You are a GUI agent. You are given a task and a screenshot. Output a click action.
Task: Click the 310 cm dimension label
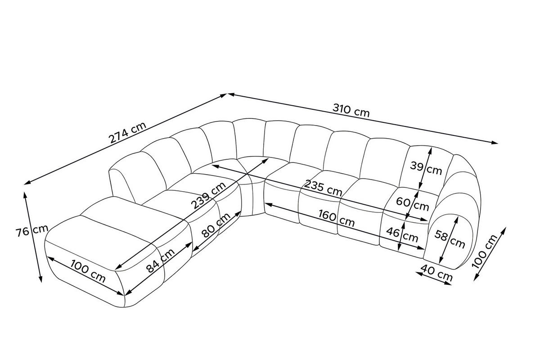[351, 110]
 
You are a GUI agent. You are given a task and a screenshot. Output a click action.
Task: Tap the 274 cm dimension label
[127, 132]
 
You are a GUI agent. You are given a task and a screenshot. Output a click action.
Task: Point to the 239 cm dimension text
[208, 195]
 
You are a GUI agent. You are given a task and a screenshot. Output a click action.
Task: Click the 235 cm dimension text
[323, 188]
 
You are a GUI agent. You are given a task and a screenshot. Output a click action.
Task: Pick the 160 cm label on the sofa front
[337, 218]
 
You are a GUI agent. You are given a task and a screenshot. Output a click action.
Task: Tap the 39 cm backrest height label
[426, 168]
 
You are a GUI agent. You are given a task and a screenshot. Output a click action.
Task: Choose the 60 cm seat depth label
[413, 204]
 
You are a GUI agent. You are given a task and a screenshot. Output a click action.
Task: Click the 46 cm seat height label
[402, 234]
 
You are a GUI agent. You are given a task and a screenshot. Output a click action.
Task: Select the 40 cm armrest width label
[436, 273]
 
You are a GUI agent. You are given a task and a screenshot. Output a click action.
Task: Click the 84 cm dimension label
[161, 261]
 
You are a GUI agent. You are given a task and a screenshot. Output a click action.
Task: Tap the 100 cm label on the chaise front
[88, 271]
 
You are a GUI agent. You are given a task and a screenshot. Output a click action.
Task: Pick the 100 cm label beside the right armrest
[485, 252]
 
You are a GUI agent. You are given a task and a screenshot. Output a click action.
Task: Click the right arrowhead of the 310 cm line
[494, 143]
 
